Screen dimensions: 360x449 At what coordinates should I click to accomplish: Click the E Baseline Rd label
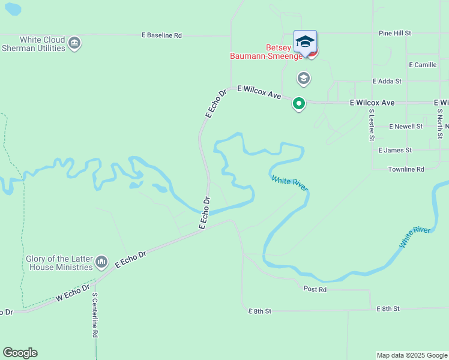coord(161,35)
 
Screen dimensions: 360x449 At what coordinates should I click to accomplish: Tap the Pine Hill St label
coord(394,33)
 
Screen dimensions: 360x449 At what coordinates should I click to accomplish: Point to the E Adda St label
coord(387,80)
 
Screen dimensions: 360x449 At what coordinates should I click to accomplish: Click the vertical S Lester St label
coord(372,125)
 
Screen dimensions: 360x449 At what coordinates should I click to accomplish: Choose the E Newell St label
coord(406,127)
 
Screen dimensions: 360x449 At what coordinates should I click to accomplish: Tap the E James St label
coord(395,150)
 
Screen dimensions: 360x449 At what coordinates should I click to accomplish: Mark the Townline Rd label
coord(406,169)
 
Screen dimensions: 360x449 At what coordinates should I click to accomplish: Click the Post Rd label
coord(315,289)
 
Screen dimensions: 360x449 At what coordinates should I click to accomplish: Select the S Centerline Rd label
coord(95,314)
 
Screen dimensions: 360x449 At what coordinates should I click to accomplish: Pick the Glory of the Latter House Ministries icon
coord(101,262)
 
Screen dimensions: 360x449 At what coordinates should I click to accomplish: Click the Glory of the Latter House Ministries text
coord(59,263)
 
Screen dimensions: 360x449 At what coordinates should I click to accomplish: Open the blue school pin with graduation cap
coord(305,42)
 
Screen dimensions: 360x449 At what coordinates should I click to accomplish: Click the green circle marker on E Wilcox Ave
coord(298,104)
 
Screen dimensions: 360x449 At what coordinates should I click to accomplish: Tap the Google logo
coord(20,353)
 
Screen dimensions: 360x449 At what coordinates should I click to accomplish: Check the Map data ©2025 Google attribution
coord(412,355)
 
